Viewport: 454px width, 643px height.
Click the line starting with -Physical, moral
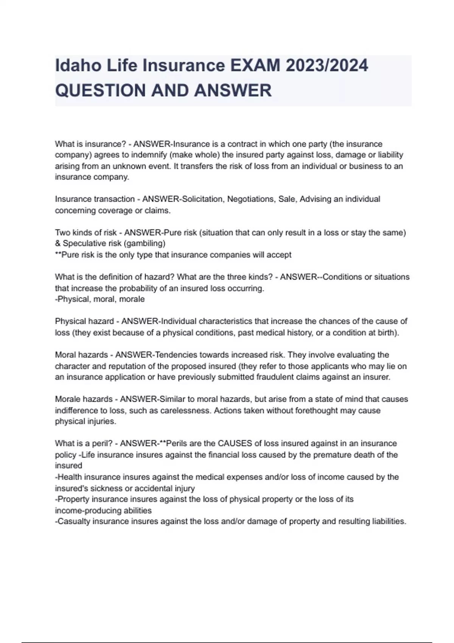click(x=100, y=299)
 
